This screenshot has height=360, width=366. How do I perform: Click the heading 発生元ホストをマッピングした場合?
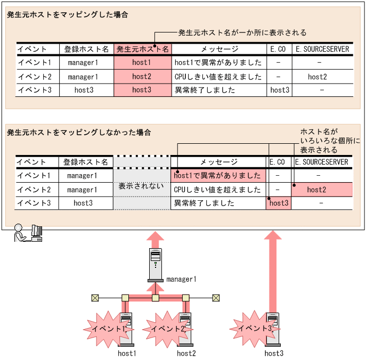click(67, 15)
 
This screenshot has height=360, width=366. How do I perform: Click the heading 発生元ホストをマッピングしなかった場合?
click(78, 132)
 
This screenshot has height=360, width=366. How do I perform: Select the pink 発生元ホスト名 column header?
click(142, 49)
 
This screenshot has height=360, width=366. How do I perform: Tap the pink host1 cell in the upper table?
click(142, 63)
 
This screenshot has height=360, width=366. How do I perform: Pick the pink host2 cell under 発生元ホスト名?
click(142, 77)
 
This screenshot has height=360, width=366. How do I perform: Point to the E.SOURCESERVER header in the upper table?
click(322, 49)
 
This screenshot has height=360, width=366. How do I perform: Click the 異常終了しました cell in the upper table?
click(205, 90)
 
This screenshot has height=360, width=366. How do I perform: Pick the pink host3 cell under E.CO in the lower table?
click(279, 203)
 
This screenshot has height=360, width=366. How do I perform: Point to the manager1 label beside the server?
click(182, 279)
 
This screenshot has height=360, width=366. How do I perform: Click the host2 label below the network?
click(186, 353)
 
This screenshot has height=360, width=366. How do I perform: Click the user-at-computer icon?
click(28, 233)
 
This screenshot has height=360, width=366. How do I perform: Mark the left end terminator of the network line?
click(95, 298)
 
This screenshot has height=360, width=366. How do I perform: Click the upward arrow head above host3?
click(273, 238)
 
